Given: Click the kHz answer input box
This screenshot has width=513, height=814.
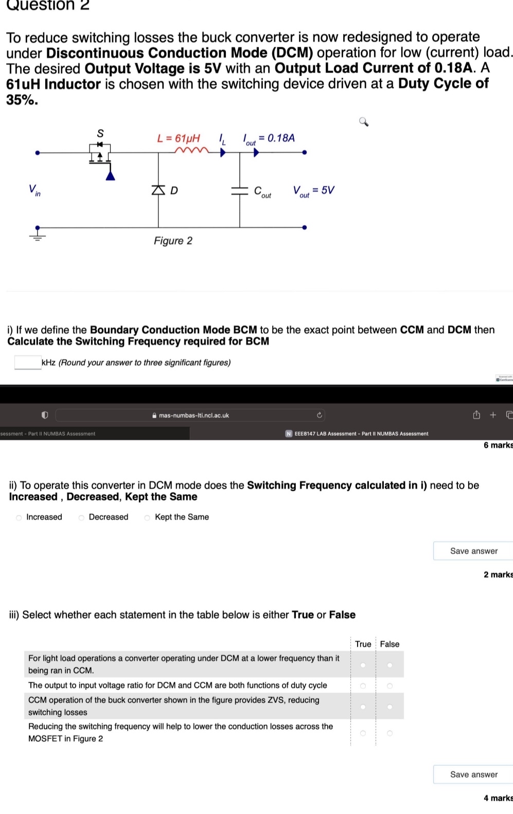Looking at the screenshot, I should point(28,362).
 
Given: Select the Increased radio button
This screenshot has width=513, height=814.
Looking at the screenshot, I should point(19,517).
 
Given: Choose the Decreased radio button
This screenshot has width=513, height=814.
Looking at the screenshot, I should point(81,517).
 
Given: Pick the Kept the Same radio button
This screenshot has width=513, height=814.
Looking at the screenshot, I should point(147,517).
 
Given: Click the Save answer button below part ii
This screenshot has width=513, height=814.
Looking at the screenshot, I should point(473,551).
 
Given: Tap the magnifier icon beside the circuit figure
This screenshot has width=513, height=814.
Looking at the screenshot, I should point(363,122).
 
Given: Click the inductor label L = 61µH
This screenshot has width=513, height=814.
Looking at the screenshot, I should point(178,138).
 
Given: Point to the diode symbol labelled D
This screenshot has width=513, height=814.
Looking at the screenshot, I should point(158,190).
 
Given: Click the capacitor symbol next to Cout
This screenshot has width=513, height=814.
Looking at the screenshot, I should point(239,190).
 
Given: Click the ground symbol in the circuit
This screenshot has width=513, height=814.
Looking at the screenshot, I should point(37,235).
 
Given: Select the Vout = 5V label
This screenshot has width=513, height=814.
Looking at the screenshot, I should point(313,190).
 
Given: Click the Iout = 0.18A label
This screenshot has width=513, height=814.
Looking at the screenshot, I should point(269,138).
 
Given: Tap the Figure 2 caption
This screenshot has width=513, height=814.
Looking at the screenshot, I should point(173,241).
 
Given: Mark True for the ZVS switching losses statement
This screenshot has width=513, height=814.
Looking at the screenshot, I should point(363,706).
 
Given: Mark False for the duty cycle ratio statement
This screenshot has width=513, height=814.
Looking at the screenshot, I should point(390,686).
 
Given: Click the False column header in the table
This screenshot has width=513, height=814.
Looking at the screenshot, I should point(390,644).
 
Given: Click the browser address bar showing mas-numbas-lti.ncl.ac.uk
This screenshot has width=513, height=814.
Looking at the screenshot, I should point(190,415).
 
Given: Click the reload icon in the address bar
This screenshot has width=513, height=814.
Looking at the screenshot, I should point(319,415).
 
